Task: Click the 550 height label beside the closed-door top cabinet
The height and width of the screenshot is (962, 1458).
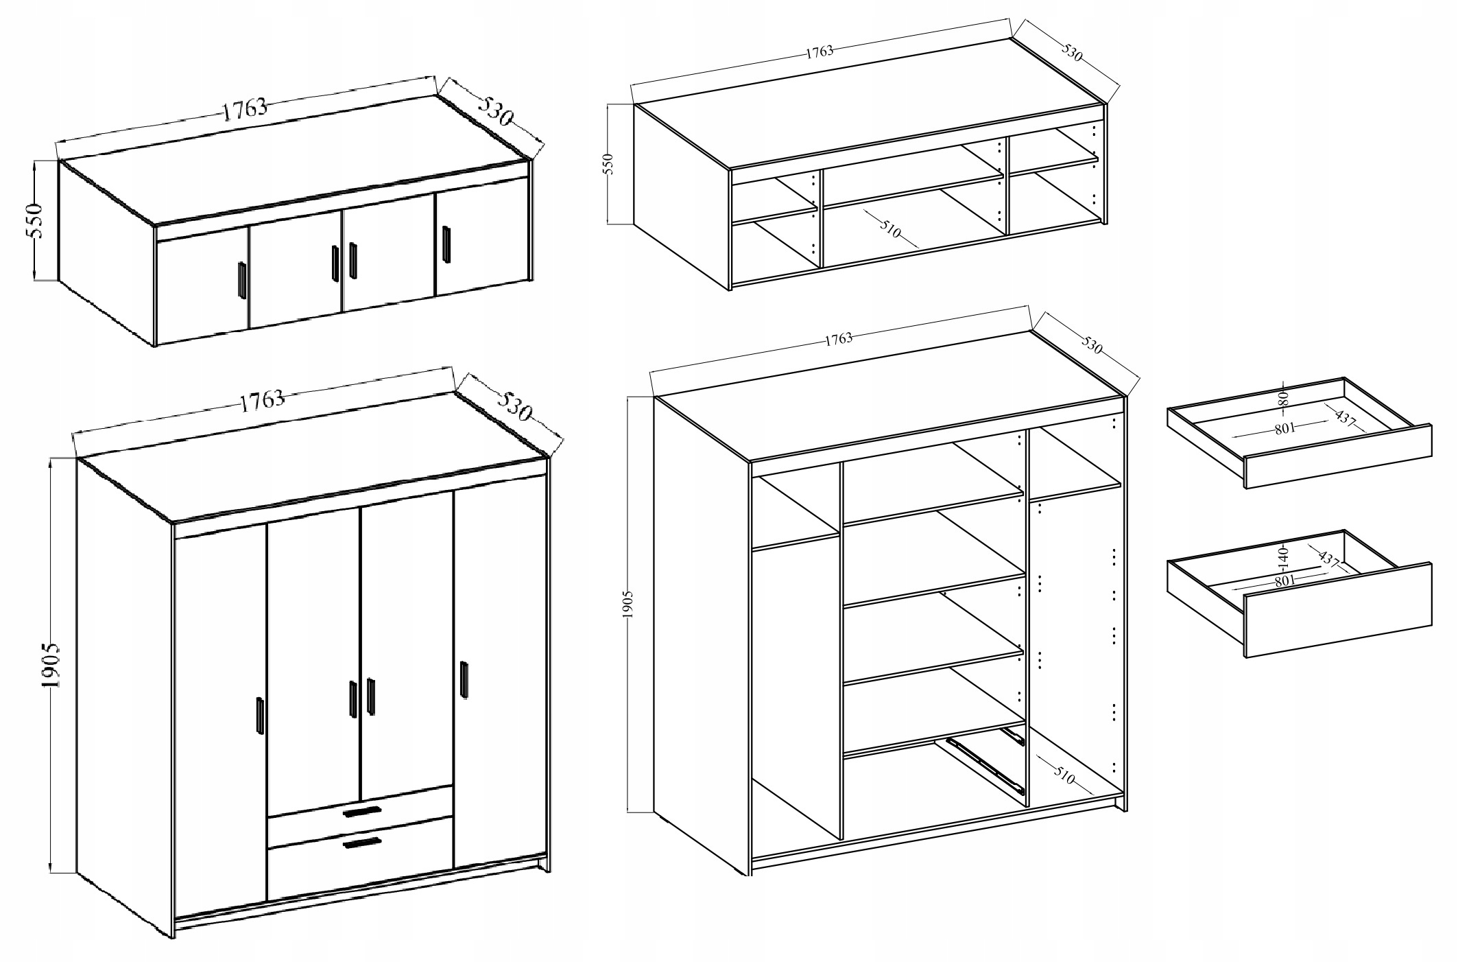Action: (x=35, y=220)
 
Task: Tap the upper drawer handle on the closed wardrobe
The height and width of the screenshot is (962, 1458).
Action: (x=361, y=812)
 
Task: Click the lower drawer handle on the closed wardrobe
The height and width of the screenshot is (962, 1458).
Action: (x=361, y=843)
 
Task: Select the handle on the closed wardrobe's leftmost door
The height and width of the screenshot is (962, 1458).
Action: (x=260, y=717)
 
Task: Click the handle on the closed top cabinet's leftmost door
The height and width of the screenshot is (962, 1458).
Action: (x=241, y=280)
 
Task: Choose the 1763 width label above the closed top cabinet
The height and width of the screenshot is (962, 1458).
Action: (x=245, y=109)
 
